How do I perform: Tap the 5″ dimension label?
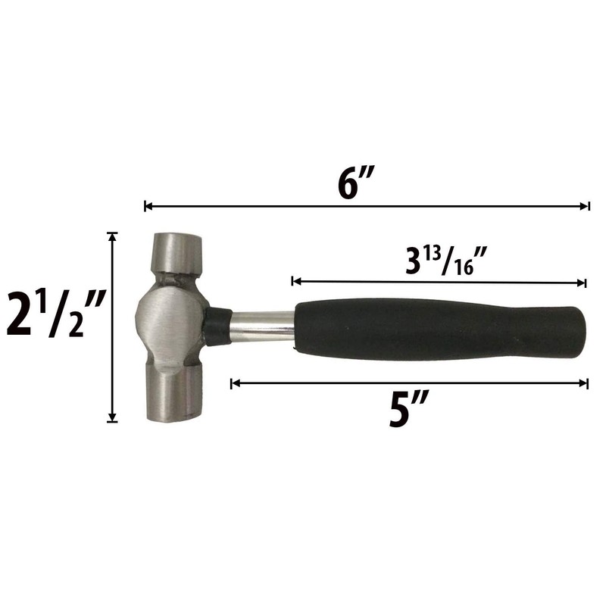click(x=409, y=410)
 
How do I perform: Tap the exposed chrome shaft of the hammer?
click(x=262, y=327)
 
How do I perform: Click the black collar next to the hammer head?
click(x=217, y=327)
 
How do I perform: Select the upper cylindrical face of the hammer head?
click(x=176, y=254)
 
